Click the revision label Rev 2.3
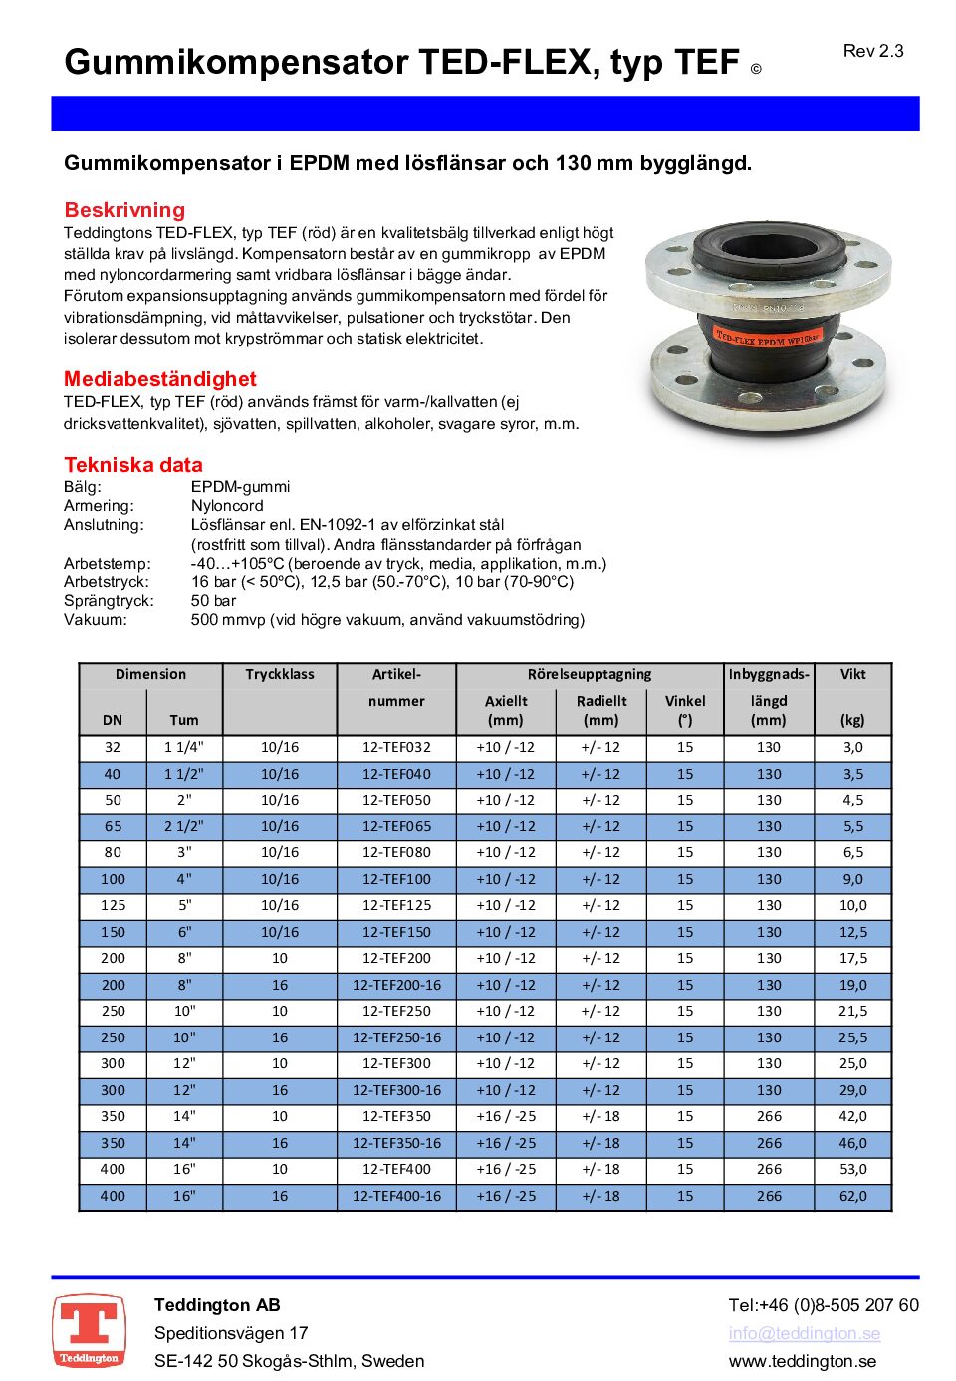[872, 51]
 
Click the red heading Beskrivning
[124, 210]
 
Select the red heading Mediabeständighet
[159, 379]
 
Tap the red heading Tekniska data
[132, 465]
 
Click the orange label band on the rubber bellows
[767, 339]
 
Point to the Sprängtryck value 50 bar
[213, 601]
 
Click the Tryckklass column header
[280, 674]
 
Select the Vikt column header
[852, 674]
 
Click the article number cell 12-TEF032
[396, 747]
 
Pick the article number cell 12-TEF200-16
[396, 985]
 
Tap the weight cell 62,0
[852, 1196]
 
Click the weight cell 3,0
[852, 747]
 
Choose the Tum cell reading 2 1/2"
[184, 826]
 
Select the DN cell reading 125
[114, 905]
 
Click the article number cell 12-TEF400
[396, 1169]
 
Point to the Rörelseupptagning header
[590, 674]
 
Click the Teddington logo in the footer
[89, 1330]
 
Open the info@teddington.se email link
[804, 1333]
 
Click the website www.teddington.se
[802, 1361]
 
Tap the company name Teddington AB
[217, 1305]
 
